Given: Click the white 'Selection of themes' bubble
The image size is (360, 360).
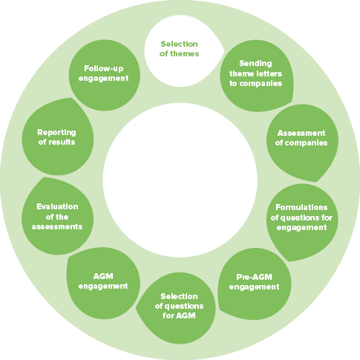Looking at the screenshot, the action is coord(182,50).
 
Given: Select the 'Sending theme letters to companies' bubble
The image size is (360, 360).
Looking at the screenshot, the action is coord(256,76).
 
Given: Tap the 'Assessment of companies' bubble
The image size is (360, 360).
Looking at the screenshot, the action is coord(302,142).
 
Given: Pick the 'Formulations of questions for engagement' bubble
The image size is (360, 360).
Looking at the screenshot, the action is coord(302,220).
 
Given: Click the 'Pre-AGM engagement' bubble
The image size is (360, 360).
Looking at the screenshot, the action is coord(255,284).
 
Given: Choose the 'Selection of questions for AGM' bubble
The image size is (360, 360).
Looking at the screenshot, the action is coord(177,308).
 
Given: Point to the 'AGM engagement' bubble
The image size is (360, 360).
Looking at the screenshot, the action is coord(103,283).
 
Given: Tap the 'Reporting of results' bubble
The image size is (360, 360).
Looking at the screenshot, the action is coord(58,137).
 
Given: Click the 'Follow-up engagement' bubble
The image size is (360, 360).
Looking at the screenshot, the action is coord(105,75).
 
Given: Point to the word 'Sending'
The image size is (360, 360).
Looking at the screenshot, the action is coord(255,64).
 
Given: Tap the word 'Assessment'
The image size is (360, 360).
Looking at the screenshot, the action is coord(301,133).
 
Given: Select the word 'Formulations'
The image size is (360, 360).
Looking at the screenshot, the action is coord(301,207).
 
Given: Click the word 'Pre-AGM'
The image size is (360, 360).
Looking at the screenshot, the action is coord(254,277).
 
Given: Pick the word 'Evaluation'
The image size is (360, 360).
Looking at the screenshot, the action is coord(57,206).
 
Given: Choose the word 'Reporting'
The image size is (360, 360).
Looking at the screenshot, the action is coord(56,133).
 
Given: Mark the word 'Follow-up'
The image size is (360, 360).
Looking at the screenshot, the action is coord(104,68).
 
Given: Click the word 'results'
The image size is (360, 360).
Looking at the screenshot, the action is coord(62,142).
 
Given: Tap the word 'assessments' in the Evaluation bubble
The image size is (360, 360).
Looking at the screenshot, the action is coord(57,227).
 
